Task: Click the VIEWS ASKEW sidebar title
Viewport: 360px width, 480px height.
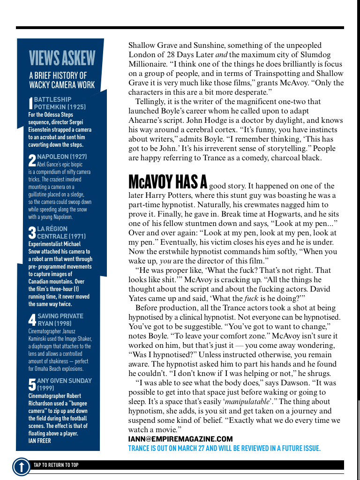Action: click(x=62, y=58)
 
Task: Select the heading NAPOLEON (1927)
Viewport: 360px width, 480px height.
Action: click(x=62, y=157)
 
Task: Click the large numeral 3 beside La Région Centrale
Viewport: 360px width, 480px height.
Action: click(x=32, y=232)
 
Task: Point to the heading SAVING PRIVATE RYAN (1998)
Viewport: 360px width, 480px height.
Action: click(x=60, y=320)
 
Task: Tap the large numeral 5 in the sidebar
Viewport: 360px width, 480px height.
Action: click(x=32, y=385)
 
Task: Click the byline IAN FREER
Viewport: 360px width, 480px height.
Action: click(x=39, y=441)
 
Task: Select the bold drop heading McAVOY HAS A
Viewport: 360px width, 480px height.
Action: click(x=168, y=182)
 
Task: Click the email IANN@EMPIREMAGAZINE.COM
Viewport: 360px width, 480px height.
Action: click(x=180, y=439)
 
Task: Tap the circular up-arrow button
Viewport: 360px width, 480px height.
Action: click(x=21, y=466)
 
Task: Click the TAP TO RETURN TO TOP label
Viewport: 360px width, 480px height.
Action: click(x=56, y=465)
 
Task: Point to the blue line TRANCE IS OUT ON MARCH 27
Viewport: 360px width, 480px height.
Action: click(x=224, y=449)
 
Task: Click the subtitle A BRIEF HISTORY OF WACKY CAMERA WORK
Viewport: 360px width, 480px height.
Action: click(x=62, y=80)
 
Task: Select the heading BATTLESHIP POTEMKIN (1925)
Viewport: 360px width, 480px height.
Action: click(x=59, y=103)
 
